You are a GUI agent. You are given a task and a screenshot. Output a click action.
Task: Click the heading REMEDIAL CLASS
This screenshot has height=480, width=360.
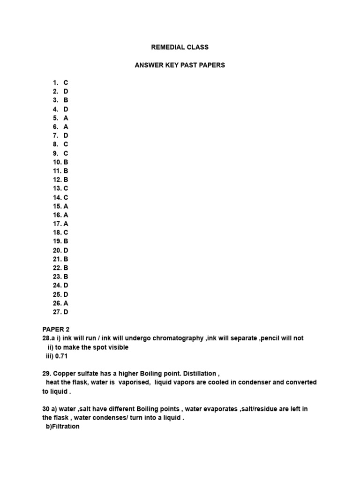pos(180,47)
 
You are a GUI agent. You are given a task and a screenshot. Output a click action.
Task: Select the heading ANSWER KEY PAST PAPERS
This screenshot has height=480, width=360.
pos(180,65)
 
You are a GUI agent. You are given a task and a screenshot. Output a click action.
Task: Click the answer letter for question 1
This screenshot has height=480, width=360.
pos(66,83)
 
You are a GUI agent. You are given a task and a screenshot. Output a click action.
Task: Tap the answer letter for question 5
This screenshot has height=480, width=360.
pos(66,118)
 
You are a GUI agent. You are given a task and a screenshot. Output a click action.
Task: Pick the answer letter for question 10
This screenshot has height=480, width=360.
pos(66,162)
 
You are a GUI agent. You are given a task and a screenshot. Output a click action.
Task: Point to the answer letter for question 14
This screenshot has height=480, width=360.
pos(66,197)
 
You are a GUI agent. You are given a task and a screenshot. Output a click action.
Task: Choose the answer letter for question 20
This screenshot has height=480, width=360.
pos(66,250)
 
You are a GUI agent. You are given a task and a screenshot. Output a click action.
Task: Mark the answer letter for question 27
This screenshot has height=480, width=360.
pos(66,312)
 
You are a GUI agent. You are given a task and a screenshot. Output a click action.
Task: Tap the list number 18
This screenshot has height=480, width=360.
pos(57,232)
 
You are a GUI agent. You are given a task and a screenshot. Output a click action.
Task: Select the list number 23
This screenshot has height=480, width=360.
pos(57,277)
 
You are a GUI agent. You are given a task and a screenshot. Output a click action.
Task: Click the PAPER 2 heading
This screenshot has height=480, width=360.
pos(56,330)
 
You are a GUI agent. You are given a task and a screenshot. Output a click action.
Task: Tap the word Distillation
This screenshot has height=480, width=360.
pos(199,374)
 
